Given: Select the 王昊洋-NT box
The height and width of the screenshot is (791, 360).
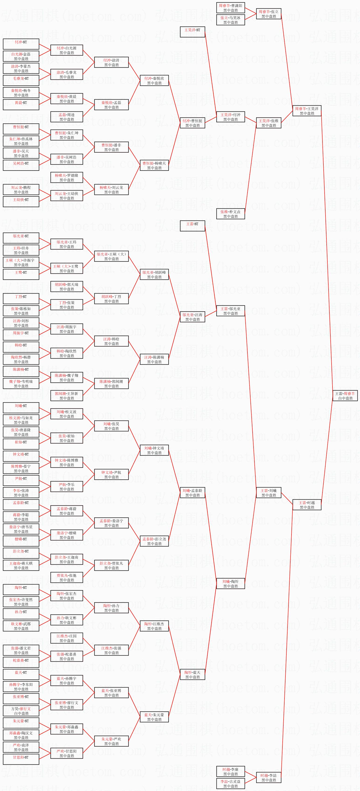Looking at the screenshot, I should point(192,32).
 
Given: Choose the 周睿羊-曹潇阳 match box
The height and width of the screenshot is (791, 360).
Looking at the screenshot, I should point(230,8).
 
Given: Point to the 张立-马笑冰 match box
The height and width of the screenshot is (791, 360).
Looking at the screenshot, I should point(230,20).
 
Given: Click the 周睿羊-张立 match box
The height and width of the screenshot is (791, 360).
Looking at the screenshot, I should point(268,14).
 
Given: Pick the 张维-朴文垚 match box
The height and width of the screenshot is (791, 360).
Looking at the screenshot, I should point(230,214).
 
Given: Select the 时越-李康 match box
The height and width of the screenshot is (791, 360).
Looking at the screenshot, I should point(230,771).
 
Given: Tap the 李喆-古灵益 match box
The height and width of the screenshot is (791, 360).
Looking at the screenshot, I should point(230,783).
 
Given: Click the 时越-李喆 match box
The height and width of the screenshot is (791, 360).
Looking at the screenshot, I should point(268,777).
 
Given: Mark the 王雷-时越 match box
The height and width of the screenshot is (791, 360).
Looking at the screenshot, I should point(307,505).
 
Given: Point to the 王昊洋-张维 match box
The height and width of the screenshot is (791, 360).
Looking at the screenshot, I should point(268,123).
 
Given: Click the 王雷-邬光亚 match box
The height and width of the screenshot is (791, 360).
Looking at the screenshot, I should point(230,311).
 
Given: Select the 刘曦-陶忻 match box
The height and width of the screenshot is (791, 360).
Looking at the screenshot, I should point(230,584).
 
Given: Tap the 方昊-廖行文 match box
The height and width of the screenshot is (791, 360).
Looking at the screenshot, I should point(21,711).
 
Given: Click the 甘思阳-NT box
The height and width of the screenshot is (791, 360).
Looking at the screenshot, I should point(21,759).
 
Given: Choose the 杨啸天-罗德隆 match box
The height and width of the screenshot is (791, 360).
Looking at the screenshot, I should point(67,177).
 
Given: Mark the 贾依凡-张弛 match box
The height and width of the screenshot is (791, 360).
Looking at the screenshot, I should point(67,578).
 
